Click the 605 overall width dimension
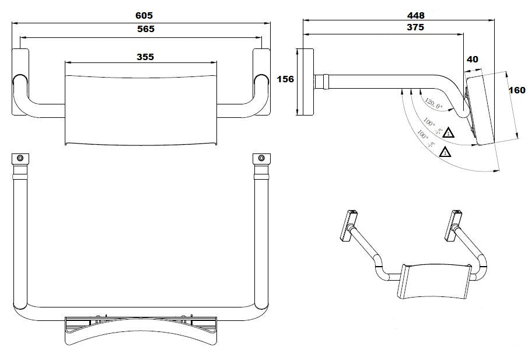(x=142, y=15)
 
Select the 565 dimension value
(x=142, y=29)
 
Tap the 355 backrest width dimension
(x=142, y=57)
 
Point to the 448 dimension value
(x=415, y=15)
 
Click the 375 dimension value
(x=415, y=27)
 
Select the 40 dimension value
(x=472, y=59)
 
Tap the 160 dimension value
(x=517, y=90)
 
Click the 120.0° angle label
(x=434, y=103)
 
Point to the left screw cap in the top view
(x=20, y=158)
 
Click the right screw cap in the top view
(x=261, y=158)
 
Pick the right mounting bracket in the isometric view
(x=454, y=225)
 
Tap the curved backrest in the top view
(x=140, y=331)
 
